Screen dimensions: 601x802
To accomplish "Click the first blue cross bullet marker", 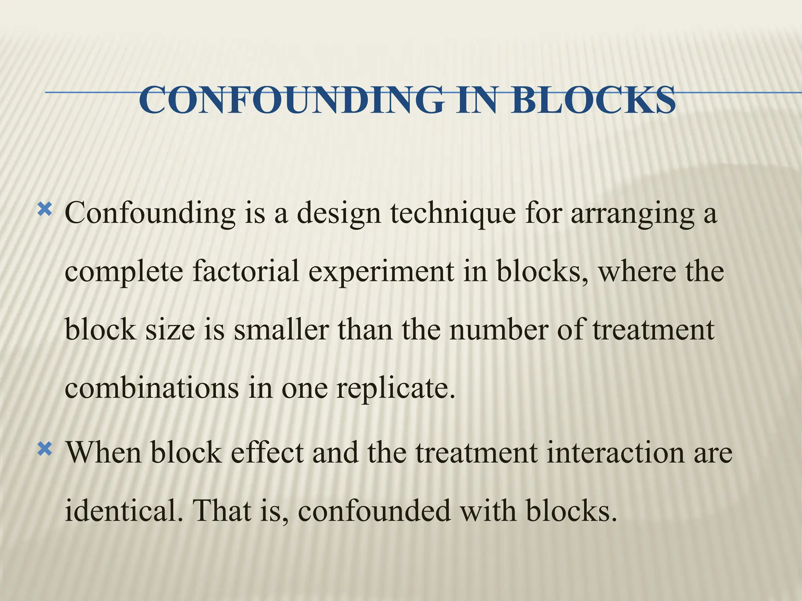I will [x=44, y=211].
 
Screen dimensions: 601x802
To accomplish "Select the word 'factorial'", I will [x=246, y=272].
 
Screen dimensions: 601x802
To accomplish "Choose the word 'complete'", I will [x=124, y=272].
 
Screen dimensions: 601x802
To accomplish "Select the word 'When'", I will [x=103, y=452].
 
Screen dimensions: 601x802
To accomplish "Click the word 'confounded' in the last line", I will [x=374, y=510].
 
